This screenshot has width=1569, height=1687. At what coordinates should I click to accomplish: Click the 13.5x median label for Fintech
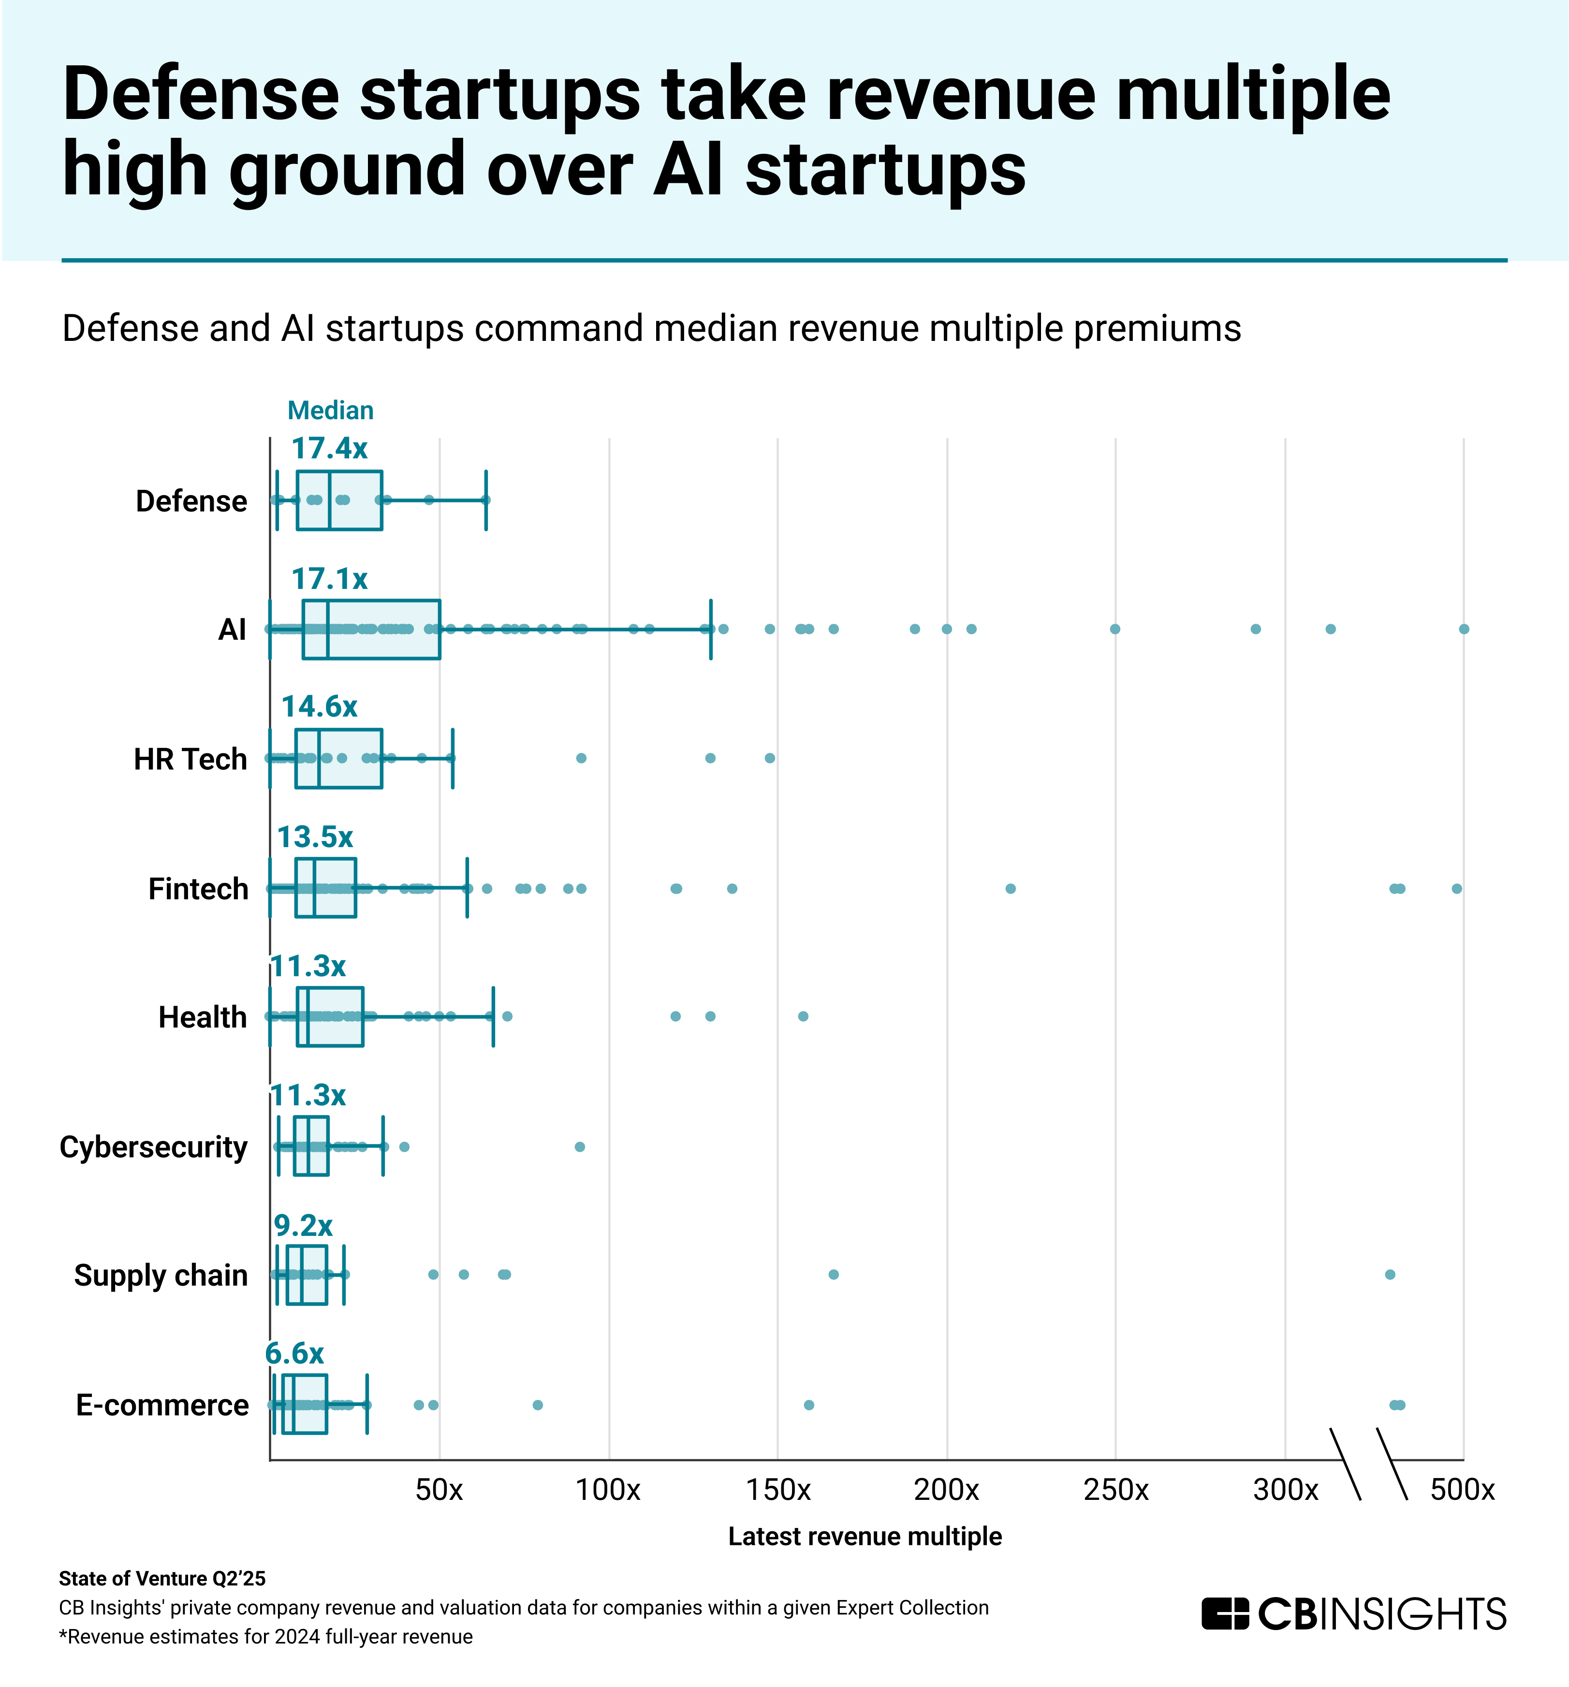pyautogui.click(x=315, y=836)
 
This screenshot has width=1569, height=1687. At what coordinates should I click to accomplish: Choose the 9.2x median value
pyautogui.click(x=303, y=1225)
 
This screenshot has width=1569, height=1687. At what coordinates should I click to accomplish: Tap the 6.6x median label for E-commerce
pyautogui.click(x=294, y=1353)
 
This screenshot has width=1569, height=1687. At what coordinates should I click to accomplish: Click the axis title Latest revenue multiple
pyautogui.click(x=865, y=1536)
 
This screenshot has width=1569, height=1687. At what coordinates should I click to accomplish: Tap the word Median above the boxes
pyautogui.click(x=330, y=411)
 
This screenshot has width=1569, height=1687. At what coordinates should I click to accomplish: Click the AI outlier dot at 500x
pyautogui.click(x=1464, y=629)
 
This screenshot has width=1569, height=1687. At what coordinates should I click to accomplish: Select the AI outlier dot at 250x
pyautogui.click(x=1115, y=629)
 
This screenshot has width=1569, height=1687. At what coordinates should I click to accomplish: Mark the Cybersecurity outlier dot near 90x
pyautogui.click(x=580, y=1146)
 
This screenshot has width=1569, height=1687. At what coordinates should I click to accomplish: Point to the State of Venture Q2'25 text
pyautogui.click(x=162, y=1578)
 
